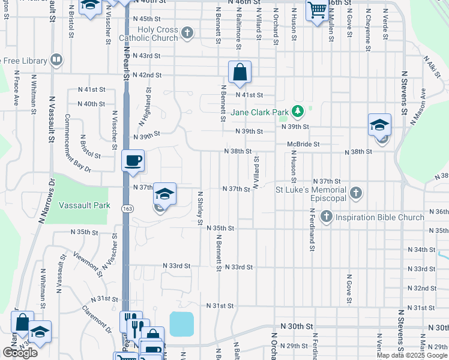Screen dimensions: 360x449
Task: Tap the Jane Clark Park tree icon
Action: (297, 111)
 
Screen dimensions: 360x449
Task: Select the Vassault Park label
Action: (85, 205)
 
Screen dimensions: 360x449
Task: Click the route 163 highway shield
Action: (130, 207)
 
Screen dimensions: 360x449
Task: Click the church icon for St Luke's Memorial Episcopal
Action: (356, 193)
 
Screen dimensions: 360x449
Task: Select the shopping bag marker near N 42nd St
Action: (240, 72)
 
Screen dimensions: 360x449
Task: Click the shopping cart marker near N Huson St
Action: (316, 10)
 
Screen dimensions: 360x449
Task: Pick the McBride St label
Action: (303, 144)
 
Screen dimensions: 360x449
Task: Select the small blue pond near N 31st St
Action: (181, 324)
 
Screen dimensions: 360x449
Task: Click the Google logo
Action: (20, 353)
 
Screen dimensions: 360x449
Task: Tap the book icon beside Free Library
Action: (56, 59)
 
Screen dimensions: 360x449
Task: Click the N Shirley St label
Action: (200, 209)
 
